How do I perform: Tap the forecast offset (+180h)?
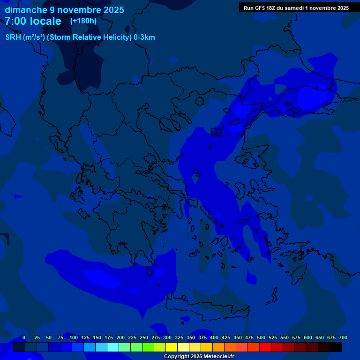pos(83,21)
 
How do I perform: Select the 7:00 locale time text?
pos(33,21)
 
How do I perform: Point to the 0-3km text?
pos(144,37)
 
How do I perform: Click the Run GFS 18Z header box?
pos(296,7)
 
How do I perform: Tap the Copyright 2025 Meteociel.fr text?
pos(199,357)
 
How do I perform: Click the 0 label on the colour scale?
pos(23,337)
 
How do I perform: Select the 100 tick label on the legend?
pos(74,337)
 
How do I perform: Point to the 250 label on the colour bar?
pos(144,337)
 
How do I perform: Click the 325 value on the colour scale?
pos(179,337)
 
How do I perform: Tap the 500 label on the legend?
pos(261,337)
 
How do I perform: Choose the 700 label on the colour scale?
pos(343,337)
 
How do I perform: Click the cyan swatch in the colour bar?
pos(112,347)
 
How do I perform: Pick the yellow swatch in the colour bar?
pos(171,347)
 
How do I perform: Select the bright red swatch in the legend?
pos(265,347)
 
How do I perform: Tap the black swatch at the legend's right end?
pos(335,347)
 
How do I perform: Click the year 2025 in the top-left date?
pos(112,10)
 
